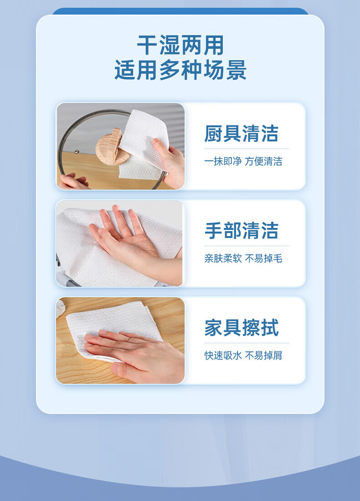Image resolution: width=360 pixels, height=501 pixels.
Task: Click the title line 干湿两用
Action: [180, 46]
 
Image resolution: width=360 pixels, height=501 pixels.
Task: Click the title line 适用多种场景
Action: [180, 70]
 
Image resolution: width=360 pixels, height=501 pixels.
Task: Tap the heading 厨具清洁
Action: [241, 134]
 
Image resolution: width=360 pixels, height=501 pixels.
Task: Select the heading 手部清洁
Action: [241, 230]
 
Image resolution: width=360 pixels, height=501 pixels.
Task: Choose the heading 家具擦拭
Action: [242, 327]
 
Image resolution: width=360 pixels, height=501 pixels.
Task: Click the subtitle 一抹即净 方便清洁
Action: [243, 161]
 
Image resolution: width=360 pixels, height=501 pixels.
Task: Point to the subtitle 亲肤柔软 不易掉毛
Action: [243, 258]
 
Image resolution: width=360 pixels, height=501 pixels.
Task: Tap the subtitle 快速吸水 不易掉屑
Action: [243, 355]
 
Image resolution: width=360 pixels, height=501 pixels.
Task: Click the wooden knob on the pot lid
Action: [111, 147]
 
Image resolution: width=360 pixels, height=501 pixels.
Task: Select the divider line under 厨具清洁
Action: [247, 149]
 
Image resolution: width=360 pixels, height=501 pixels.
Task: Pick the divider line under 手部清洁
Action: [247, 246]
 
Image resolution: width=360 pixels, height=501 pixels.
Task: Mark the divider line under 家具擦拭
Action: [247, 343]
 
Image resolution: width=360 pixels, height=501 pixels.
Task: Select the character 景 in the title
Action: [236, 70]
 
